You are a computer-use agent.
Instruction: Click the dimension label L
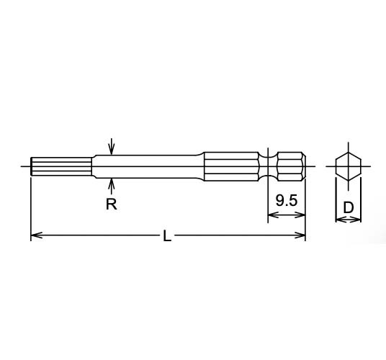166,236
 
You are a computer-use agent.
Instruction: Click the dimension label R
112,204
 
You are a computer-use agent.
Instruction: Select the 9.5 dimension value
286,201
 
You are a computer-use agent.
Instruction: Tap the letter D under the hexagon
349,207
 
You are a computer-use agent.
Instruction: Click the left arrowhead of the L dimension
35,235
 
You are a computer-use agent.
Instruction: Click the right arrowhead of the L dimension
301,235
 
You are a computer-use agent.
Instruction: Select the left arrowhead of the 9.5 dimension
271,214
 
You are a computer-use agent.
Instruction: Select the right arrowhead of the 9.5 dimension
301,214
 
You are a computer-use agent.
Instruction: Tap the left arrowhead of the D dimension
339,220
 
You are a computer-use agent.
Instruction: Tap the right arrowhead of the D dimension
358,220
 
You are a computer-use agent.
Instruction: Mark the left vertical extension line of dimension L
31,209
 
